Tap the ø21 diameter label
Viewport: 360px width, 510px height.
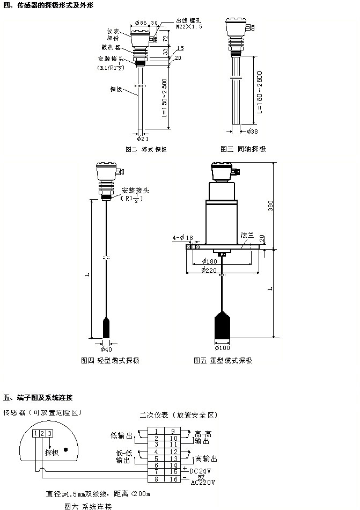click(x=142, y=139)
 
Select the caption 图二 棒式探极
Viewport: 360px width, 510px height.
click(x=146, y=149)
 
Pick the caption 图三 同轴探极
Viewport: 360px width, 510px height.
click(x=243, y=149)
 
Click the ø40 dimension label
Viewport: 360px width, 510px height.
click(x=107, y=348)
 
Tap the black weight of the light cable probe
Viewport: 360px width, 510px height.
click(x=107, y=327)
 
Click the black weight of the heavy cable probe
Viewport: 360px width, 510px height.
click(x=223, y=324)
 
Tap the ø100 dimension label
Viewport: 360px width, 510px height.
click(x=223, y=348)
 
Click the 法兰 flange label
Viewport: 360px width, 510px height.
click(x=247, y=235)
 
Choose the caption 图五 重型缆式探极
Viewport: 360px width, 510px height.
click(x=223, y=361)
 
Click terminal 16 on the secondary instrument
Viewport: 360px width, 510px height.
click(x=174, y=479)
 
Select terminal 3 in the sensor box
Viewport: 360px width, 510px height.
click(x=49, y=433)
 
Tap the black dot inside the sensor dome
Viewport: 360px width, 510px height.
click(x=65, y=450)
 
